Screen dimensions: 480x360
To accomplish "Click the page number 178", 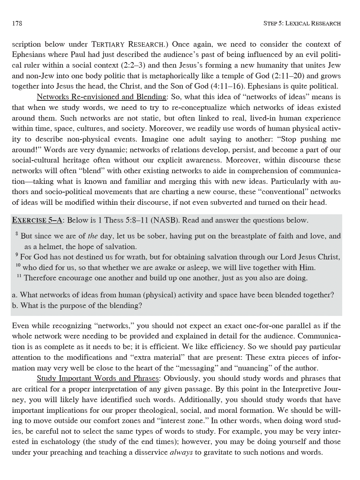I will (x=17, y=23).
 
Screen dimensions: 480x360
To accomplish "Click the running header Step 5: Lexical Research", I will (x=302, y=23).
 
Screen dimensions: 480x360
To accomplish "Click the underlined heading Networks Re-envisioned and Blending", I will (x=101, y=97).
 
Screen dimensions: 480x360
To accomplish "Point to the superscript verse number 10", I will (x=18, y=266).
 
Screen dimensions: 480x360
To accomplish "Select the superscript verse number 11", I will (x=19, y=276).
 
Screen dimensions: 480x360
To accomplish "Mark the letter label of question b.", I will (x=15, y=305).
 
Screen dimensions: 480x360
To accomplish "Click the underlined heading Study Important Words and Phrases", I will (x=98, y=378).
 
